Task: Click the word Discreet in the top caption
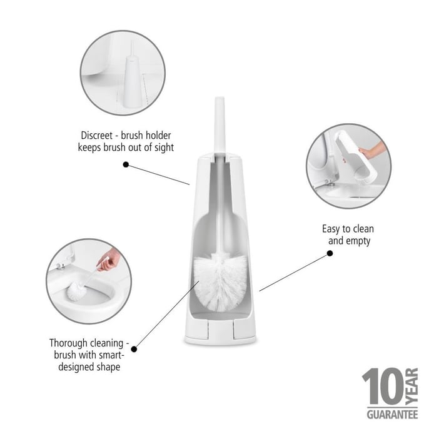[96, 135]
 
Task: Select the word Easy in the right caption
[331, 229]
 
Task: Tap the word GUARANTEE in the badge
[392, 415]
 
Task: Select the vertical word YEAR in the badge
[411, 386]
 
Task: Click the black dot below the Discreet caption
[126, 164]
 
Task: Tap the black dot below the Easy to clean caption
[330, 253]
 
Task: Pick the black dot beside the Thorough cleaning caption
[134, 349]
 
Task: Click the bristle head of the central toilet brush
[221, 282]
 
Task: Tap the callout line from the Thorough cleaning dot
[167, 315]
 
